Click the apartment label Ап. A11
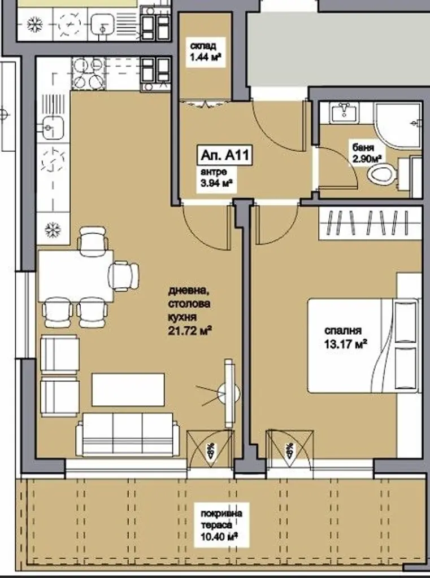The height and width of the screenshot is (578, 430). tap(224, 155)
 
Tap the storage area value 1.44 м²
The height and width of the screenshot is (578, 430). tap(206, 57)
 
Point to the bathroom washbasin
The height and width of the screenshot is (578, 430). tap(344, 112)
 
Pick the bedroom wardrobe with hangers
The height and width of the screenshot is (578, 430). tap(370, 224)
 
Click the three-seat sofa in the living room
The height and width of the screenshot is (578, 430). tap(127, 434)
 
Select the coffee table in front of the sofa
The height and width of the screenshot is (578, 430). tap(128, 389)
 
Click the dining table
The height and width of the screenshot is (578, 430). tap(75, 275)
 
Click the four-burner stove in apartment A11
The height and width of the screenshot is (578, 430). tap(88, 73)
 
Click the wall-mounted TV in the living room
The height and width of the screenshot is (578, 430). tap(229, 393)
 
